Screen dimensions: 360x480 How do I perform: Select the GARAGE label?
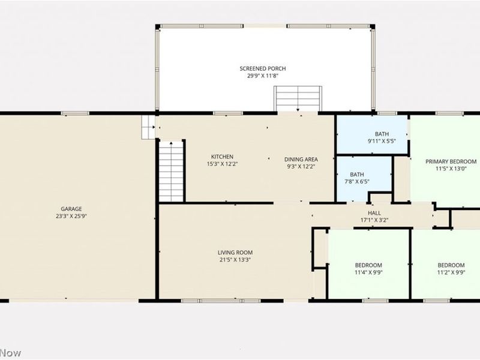pyautogui.click(x=71, y=209)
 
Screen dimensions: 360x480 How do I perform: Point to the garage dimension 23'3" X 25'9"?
pyautogui.click(x=71, y=216)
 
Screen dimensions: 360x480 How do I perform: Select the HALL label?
pyautogui.click(x=374, y=212)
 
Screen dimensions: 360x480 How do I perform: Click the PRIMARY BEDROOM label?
pyautogui.click(x=451, y=161)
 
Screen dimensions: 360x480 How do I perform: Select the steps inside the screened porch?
pyautogui.click(x=298, y=98)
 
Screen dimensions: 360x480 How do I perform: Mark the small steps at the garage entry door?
pyautogui.click(x=148, y=127)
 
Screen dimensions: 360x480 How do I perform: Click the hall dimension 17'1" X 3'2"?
pyautogui.click(x=374, y=220)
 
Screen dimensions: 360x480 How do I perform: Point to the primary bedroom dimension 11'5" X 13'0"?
pyautogui.click(x=451, y=169)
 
